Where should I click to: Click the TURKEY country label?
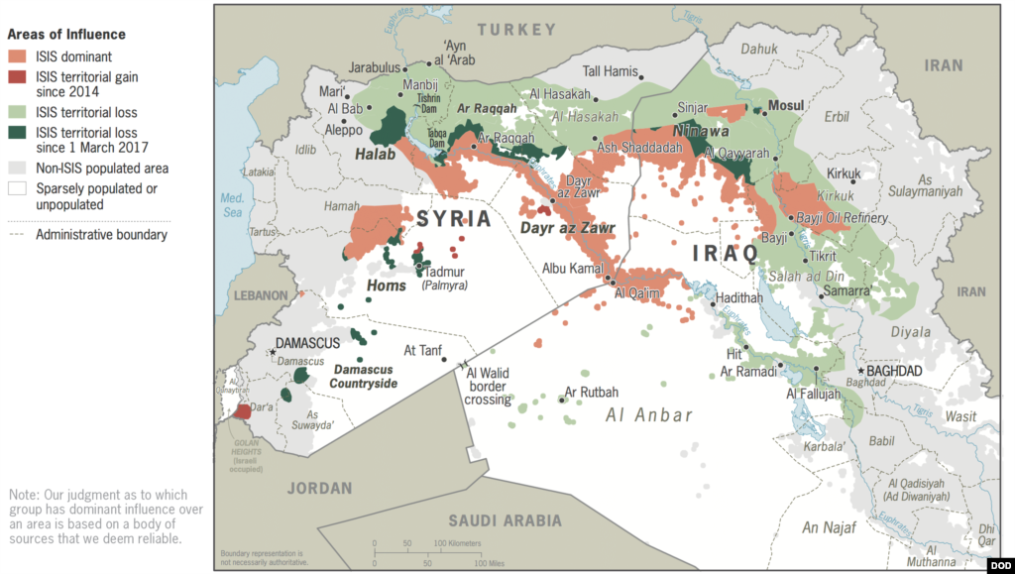(516, 31)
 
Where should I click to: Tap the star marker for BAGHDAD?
(861, 371)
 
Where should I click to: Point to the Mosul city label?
(786, 105)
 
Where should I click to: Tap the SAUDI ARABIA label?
(505, 520)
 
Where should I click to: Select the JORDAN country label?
(319, 488)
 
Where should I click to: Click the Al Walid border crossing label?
(488, 387)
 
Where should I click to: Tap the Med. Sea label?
(231, 205)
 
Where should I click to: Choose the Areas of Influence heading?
(66, 35)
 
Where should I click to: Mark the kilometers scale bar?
(427, 550)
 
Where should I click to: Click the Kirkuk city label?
(844, 173)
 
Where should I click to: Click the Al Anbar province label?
(649, 415)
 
